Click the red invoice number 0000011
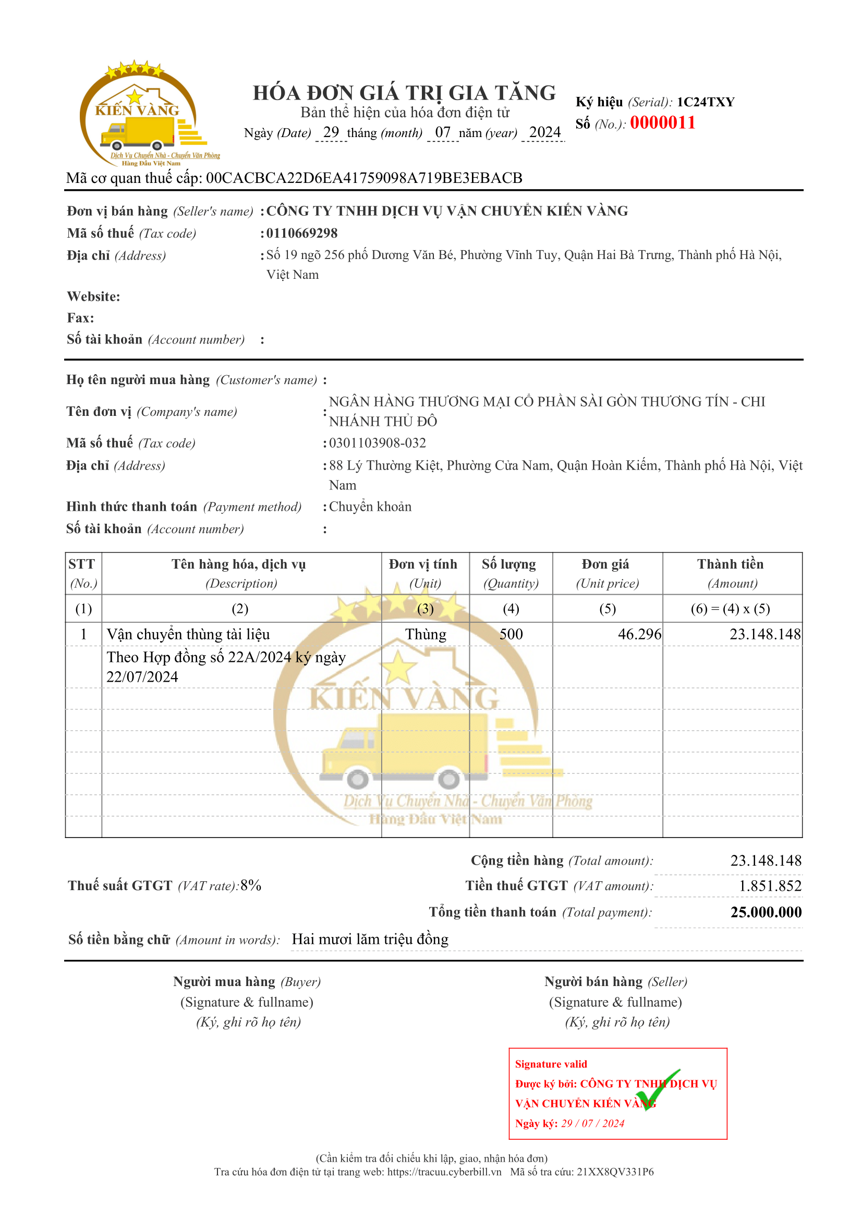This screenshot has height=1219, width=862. point(662,122)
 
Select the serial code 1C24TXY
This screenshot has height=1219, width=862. point(706,102)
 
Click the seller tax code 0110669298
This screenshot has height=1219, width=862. point(301,233)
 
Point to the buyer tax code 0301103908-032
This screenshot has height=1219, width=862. point(377,443)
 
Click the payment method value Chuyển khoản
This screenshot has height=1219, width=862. point(370,507)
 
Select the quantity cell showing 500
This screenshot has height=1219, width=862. point(511,634)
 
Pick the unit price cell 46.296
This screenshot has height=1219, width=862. point(639,634)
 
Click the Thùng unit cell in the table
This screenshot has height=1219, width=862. point(426,634)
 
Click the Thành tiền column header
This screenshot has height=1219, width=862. point(730,564)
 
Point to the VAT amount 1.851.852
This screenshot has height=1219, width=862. point(770,885)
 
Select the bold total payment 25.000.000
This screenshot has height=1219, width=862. point(766,912)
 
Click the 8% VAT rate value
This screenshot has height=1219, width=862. point(251,885)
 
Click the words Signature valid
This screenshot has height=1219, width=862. point(551,1064)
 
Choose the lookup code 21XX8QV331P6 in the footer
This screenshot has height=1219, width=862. point(615,1172)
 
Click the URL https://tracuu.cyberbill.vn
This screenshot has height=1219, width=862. point(444,1172)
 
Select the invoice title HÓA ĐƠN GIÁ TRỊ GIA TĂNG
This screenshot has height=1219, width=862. point(404,93)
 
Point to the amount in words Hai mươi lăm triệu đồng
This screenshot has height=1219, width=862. point(370,939)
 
